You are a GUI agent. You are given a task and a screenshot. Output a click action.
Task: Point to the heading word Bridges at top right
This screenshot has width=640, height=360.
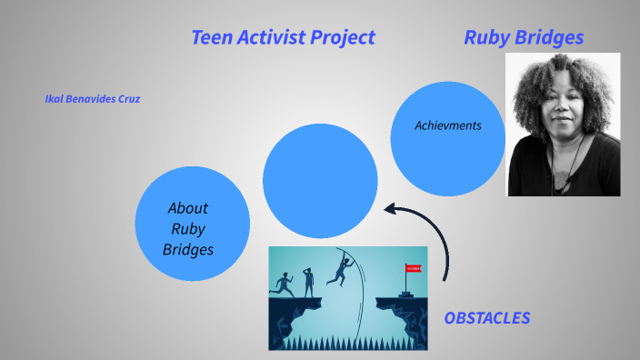550,37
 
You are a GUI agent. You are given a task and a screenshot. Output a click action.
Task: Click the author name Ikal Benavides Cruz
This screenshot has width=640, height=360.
92,99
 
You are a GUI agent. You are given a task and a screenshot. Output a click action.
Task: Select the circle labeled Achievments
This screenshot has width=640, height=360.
447,136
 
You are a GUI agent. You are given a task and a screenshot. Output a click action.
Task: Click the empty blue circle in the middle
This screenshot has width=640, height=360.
320,180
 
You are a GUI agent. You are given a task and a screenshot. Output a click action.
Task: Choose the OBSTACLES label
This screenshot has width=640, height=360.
486,318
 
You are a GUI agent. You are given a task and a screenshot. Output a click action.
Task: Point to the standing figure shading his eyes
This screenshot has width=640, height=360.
308,280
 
